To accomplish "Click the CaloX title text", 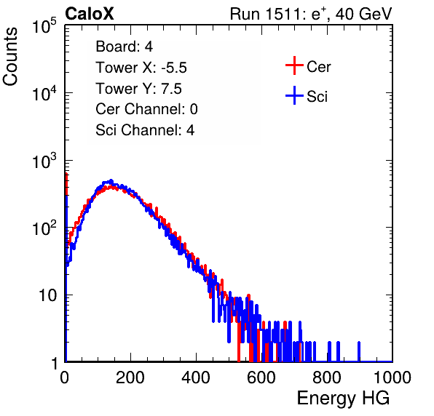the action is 90,14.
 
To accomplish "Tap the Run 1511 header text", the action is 311,14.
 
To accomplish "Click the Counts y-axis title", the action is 10,57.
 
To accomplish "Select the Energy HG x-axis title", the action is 343,399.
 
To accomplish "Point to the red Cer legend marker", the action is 294,65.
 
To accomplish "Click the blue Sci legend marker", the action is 294,96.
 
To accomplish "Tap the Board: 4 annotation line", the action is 124,47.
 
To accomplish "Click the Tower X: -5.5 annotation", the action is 141,68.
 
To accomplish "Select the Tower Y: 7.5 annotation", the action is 138,89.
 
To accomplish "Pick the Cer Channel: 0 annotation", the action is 146,109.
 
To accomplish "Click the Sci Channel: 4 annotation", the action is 145,130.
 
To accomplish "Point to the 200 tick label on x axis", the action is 130,377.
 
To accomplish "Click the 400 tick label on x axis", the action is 196,377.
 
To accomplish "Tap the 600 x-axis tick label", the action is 261,377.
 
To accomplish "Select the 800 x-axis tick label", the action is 327,377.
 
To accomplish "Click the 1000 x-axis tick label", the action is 392,377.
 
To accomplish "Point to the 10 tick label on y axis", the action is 47,295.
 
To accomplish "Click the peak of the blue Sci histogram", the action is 111,181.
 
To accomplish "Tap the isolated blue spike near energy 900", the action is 359,351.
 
